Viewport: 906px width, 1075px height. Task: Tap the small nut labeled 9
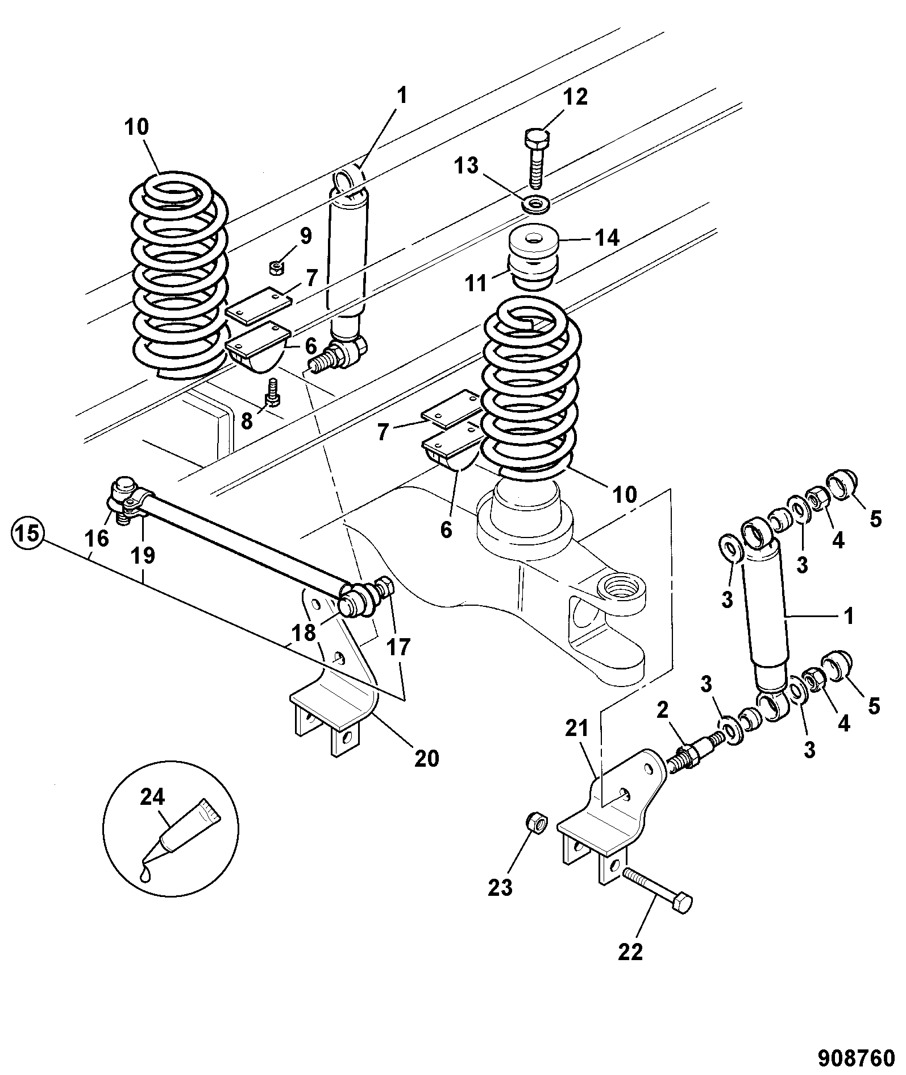[277, 267]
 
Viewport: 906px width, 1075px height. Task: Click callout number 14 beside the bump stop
[606, 237]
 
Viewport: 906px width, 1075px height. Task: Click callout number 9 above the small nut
[306, 235]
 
